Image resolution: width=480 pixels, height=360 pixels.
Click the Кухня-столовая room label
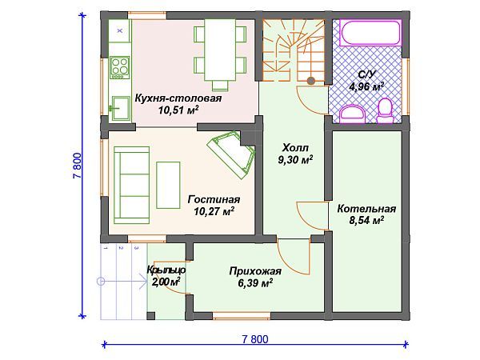coord(178,98)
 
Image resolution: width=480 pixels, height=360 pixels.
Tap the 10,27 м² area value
coord(214,211)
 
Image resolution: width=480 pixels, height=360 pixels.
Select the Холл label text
coord(295,148)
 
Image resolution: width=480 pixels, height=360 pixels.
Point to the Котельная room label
coord(366,209)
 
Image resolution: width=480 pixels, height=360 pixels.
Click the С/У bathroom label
coord(366,74)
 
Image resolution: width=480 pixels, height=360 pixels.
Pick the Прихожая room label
coord(255,271)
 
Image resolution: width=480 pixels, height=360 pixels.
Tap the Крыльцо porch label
coord(166,270)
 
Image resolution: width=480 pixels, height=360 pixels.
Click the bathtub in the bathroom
coord(370,34)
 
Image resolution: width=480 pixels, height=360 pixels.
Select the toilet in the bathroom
coord(386,111)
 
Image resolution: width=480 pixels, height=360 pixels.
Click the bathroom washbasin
coord(352,114)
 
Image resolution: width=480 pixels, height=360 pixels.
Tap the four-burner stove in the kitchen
coord(120,68)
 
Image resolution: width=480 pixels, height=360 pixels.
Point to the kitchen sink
coord(120,108)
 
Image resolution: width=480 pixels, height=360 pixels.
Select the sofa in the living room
coord(132,186)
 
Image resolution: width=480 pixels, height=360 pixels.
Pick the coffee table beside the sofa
coord(168,186)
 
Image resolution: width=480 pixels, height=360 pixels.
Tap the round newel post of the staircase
coord(311,81)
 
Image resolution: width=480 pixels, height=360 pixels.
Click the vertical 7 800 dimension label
coord(78,166)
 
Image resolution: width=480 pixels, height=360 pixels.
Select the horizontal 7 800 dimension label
coord(255,339)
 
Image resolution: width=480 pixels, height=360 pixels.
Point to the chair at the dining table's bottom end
coord(220,85)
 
